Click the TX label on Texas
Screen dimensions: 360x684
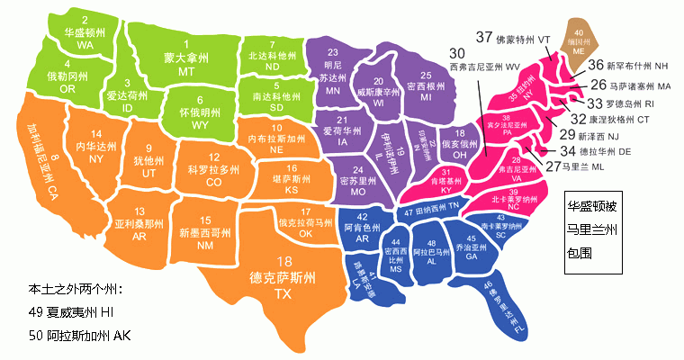(x=283, y=294)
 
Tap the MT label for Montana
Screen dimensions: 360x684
(x=187, y=71)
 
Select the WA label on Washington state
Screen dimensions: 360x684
(x=85, y=44)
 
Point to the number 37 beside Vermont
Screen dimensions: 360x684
(x=484, y=39)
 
